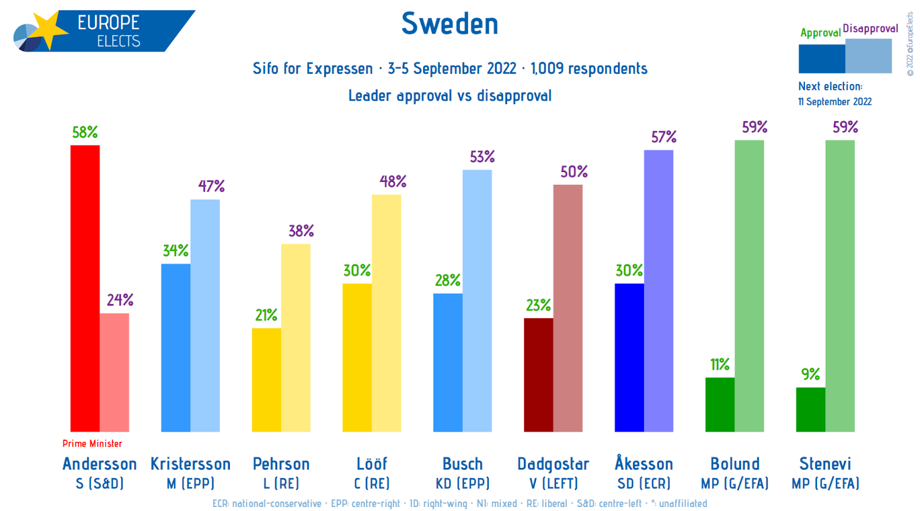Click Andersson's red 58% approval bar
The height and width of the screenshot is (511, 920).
tap(85, 288)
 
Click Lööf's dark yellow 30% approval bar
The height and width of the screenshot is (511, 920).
tap(357, 357)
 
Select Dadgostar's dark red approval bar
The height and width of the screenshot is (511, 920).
tap(538, 375)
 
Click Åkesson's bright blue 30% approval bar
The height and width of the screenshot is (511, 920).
tap(629, 357)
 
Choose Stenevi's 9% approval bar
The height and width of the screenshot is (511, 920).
tap(811, 409)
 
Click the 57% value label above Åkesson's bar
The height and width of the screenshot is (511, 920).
tap(664, 137)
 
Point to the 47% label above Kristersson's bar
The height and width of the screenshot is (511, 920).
tap(211, 186)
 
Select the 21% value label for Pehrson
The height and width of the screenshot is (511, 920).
tap(266, 315)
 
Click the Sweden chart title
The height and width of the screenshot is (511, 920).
tap(450, 24)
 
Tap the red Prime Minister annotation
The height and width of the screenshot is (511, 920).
tap(93, 444)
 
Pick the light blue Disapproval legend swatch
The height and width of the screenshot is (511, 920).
tap(868, 56)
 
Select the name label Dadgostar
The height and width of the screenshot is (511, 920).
tap(553, 464)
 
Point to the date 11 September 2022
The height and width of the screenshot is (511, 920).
tap(835, 102)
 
